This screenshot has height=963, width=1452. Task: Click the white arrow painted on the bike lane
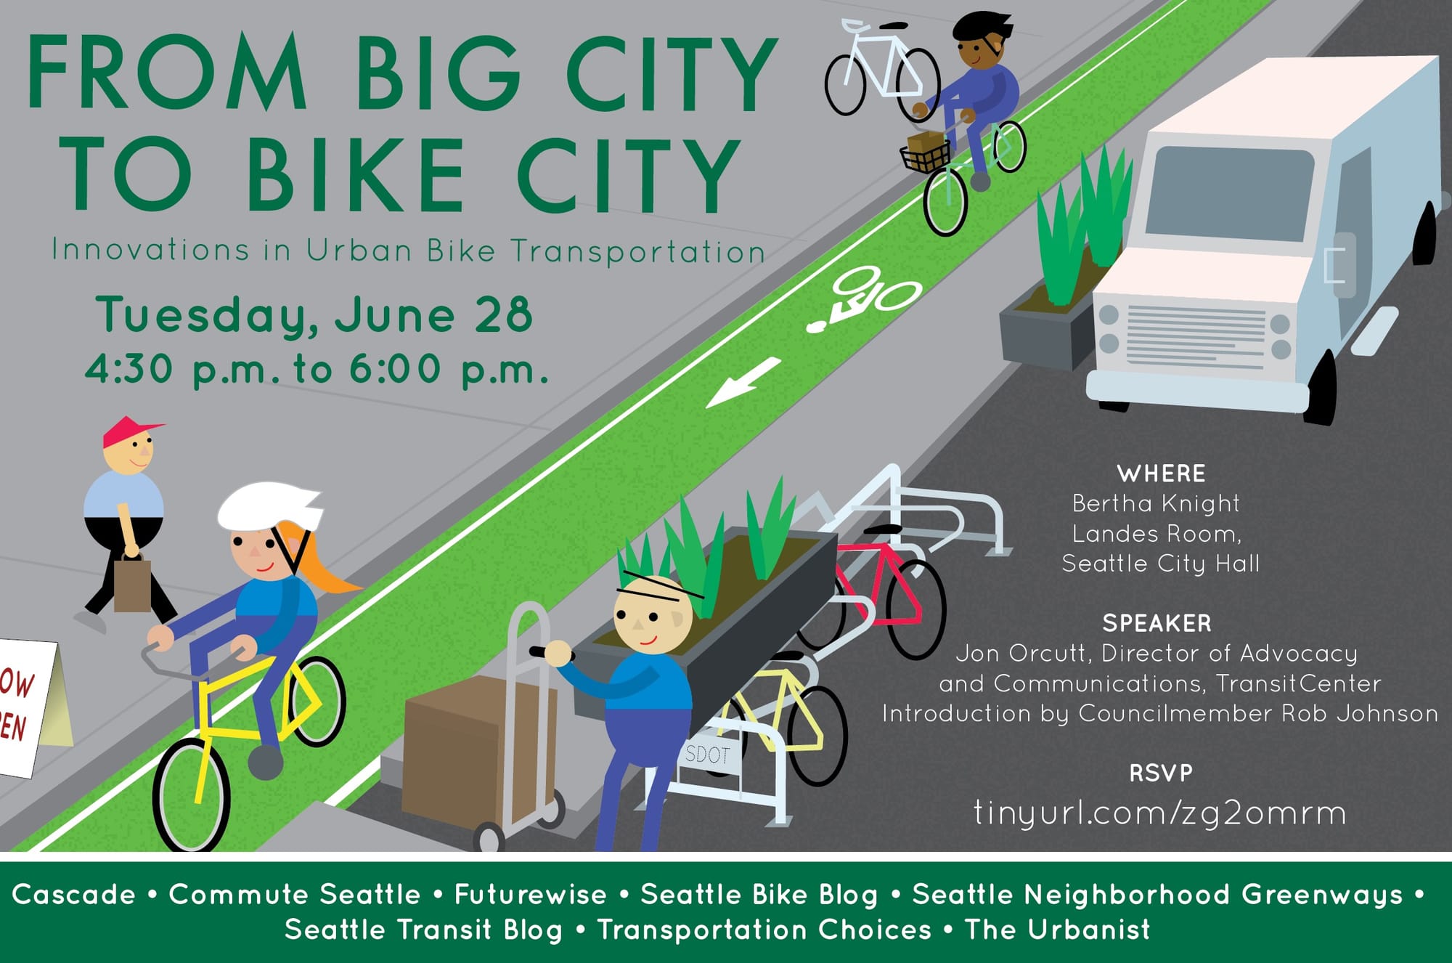pyautogui.click(x=742, y=382)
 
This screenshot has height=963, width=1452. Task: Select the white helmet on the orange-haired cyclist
pyautogui.click(x=268, y=505)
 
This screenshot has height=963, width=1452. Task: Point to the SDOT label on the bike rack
pyautogui.click(x=707, y=755)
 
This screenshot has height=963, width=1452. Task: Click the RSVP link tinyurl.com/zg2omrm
pyautogui.click(x=1159, y=813)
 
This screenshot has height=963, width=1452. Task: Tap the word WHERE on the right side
pyautogui.click(x=1161, y=474)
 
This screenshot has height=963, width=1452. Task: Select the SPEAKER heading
pyautogui.click(x=1157, y=623)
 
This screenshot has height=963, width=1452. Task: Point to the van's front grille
pyautogui.click(x=1194, y=336)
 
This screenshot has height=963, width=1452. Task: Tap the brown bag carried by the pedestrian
pyautogui.click(x=132, y=584)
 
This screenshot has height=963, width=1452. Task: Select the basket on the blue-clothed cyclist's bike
pyautogui.click(x=925, y=155)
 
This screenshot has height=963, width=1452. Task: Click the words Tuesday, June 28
pyautogui.click(x=314, y=315)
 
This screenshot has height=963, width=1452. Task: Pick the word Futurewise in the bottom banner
pyautogui.click(x=530, y=894)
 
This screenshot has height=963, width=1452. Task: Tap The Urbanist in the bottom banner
pyautogui.click(x=1057, y=930)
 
